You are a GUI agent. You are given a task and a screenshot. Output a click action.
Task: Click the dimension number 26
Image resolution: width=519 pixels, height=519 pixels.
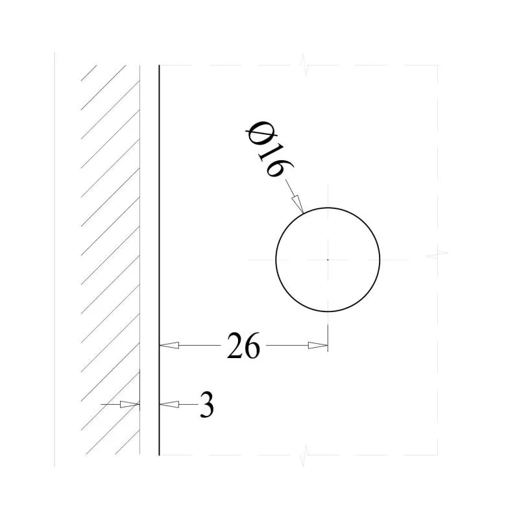[x=244, y=346]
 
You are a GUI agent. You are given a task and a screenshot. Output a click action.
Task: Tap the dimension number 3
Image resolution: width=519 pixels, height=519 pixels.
[x=207, y=405]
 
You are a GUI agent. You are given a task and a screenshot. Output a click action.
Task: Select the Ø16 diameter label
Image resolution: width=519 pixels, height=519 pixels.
[x=268, y=150]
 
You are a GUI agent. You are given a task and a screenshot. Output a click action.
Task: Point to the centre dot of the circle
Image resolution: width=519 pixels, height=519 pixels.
[x=328, y=260]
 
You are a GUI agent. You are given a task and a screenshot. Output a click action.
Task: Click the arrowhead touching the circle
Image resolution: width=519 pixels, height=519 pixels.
[x=297, y=203]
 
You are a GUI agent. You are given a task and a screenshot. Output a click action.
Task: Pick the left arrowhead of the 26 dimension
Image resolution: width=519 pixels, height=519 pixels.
[x=169, y=346]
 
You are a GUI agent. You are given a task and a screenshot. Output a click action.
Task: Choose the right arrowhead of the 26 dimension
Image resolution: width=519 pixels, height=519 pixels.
[x=318, y=346]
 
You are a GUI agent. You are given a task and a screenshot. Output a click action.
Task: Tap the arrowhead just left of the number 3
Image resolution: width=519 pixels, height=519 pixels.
[x=169, y=404]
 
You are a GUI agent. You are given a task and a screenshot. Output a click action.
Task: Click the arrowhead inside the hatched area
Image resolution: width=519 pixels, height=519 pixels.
[x=130, y=404]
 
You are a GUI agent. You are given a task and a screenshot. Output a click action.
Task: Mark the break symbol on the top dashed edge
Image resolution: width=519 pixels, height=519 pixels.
[x=304, y=65]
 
